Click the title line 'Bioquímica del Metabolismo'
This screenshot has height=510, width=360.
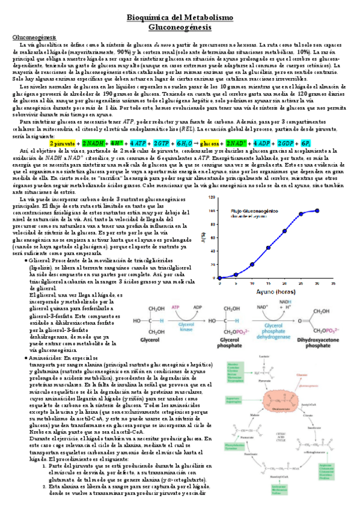tap(180, 19)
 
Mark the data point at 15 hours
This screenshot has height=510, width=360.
tap(268, 247)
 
